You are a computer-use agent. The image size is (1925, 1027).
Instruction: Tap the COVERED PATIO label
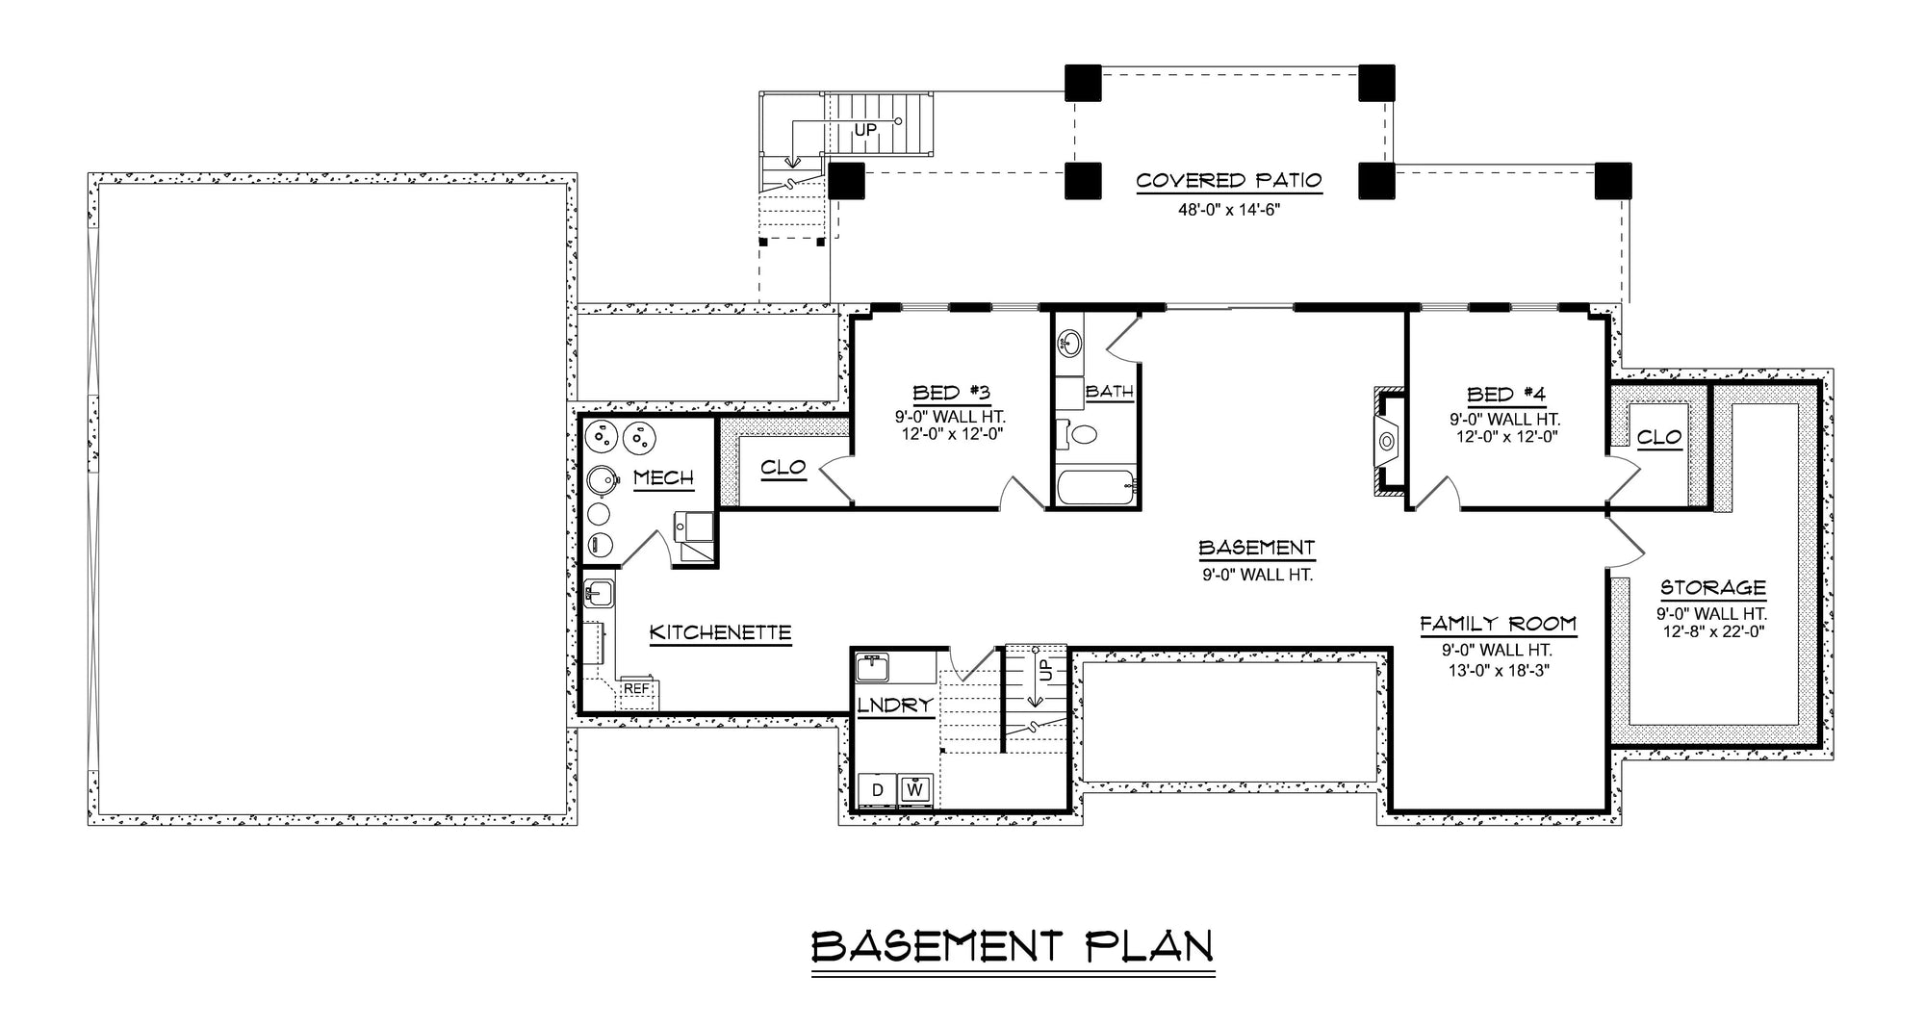click(1228, 181)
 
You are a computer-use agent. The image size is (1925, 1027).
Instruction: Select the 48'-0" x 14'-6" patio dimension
click(1228, 209)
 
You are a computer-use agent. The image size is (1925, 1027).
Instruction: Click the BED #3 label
click(951, 393)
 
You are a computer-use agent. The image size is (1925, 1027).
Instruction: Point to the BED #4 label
click(1505, 395)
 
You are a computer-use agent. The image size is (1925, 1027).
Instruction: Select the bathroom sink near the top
click(1069, 342)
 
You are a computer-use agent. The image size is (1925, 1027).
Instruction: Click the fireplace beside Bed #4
click(1387, 442)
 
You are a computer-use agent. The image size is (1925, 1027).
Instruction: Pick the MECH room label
click(663, 478)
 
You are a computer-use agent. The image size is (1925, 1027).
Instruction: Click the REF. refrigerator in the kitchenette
click(636, 689)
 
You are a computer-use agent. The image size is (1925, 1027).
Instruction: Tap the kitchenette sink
click(598, 591)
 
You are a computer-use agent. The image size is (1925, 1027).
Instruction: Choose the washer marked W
click(916, 790)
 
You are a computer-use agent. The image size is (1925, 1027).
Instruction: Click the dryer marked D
click(877, 790)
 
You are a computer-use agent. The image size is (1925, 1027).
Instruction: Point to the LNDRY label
click(895, 706)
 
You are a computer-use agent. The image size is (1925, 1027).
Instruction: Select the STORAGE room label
click(1712, 588)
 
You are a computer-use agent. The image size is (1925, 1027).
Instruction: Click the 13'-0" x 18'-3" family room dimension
click(1498, 671)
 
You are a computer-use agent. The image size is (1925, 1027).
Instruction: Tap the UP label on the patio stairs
click(865, 129)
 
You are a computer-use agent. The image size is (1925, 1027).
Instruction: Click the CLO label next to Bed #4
click(1659, 438)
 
